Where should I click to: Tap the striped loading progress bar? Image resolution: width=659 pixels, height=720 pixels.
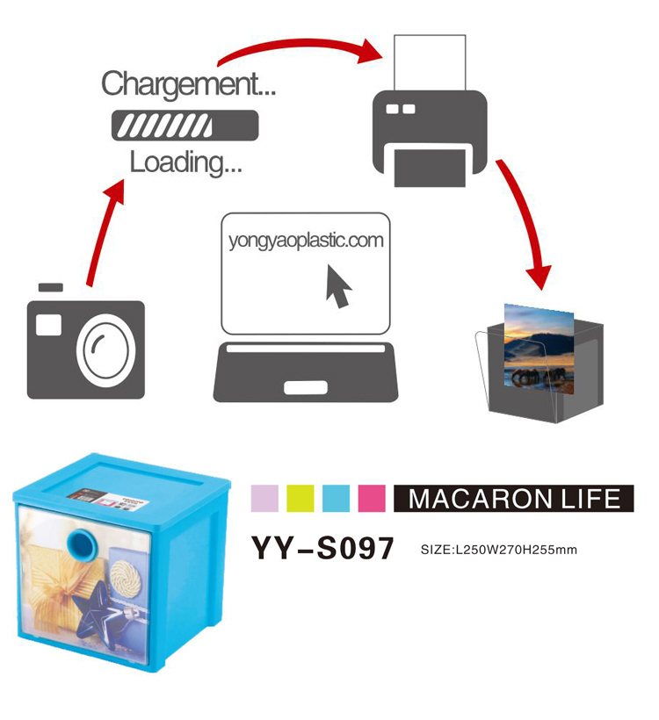click(x=185, y=125)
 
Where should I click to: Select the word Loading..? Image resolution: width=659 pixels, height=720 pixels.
click(x=186, y=162)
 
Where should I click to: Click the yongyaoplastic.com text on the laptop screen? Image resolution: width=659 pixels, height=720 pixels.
click(x=305, y=240)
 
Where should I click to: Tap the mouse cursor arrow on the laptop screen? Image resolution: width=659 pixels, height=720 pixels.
click(x=338, y=285)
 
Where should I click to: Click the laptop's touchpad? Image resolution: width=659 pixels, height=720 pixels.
click(x=307, y=387)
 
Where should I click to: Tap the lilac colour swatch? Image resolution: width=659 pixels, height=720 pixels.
click(x=264, y=498)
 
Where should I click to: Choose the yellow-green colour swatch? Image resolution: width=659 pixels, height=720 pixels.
click(x=301, y=498)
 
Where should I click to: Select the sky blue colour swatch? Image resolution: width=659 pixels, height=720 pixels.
click(x=337, y=498)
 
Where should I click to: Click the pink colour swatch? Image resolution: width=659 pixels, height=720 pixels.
click(x=373, y=498)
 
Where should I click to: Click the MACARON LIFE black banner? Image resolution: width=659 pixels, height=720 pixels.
click(x=514, y=499)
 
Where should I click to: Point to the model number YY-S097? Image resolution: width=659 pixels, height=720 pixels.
click(x=322, y=548)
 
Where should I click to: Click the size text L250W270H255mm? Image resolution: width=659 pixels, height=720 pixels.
click(x=498, y=550)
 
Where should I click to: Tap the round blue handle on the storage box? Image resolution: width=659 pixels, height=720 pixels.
click(x=86, y=544)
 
